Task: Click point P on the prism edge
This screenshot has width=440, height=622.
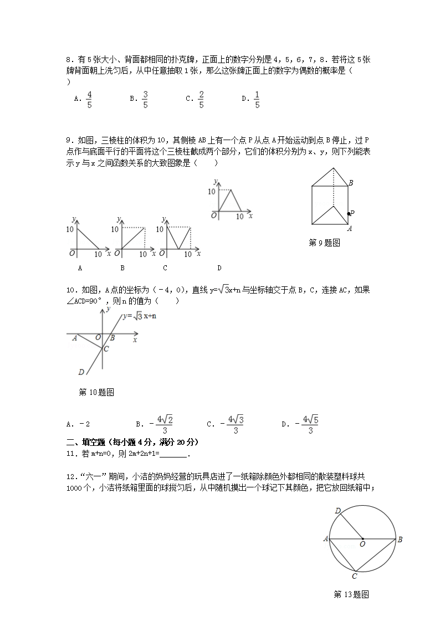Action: point(349,213)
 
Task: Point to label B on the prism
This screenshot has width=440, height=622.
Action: point(351,183)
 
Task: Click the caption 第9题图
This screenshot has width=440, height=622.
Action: point(324,243)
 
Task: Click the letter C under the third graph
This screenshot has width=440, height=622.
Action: point(165,268)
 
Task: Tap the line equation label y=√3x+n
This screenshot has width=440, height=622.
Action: point(140,316)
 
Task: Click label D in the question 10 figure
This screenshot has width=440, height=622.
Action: point(81,372)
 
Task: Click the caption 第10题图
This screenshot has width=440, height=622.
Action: point(96,393)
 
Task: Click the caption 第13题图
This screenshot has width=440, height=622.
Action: point(351,595)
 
